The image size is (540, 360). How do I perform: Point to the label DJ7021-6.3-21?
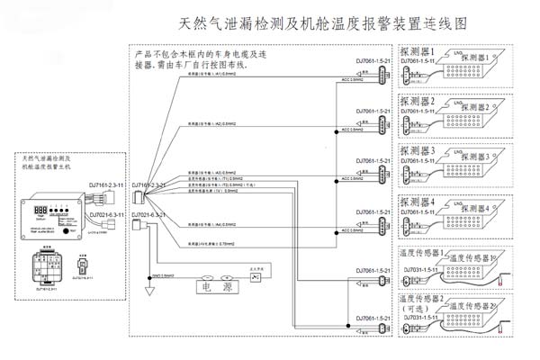click(x=153, y=217)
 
